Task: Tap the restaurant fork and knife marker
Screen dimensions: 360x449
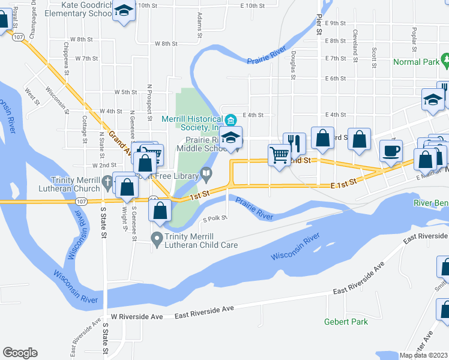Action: tap(294, 143)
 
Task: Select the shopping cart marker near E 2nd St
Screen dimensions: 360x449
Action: tap(279, 155)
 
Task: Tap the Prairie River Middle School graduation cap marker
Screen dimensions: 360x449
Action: tap(230, 137)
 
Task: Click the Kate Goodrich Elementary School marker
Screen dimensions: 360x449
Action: tap(124, 11)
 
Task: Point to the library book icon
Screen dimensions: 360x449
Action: tap(206, 175)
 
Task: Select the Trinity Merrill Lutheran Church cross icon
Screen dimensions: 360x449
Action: tap(107, 181)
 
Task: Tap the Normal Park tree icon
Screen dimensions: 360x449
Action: tap(445, 61)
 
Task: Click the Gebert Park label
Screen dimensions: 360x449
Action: tap(346, 322)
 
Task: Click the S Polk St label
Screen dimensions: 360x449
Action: tap(215, 219)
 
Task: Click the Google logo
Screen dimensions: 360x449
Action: tap(20, 353)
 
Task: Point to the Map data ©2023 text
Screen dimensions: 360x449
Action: tap(423, 355)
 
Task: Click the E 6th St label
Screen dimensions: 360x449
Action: tap(336, 79)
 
